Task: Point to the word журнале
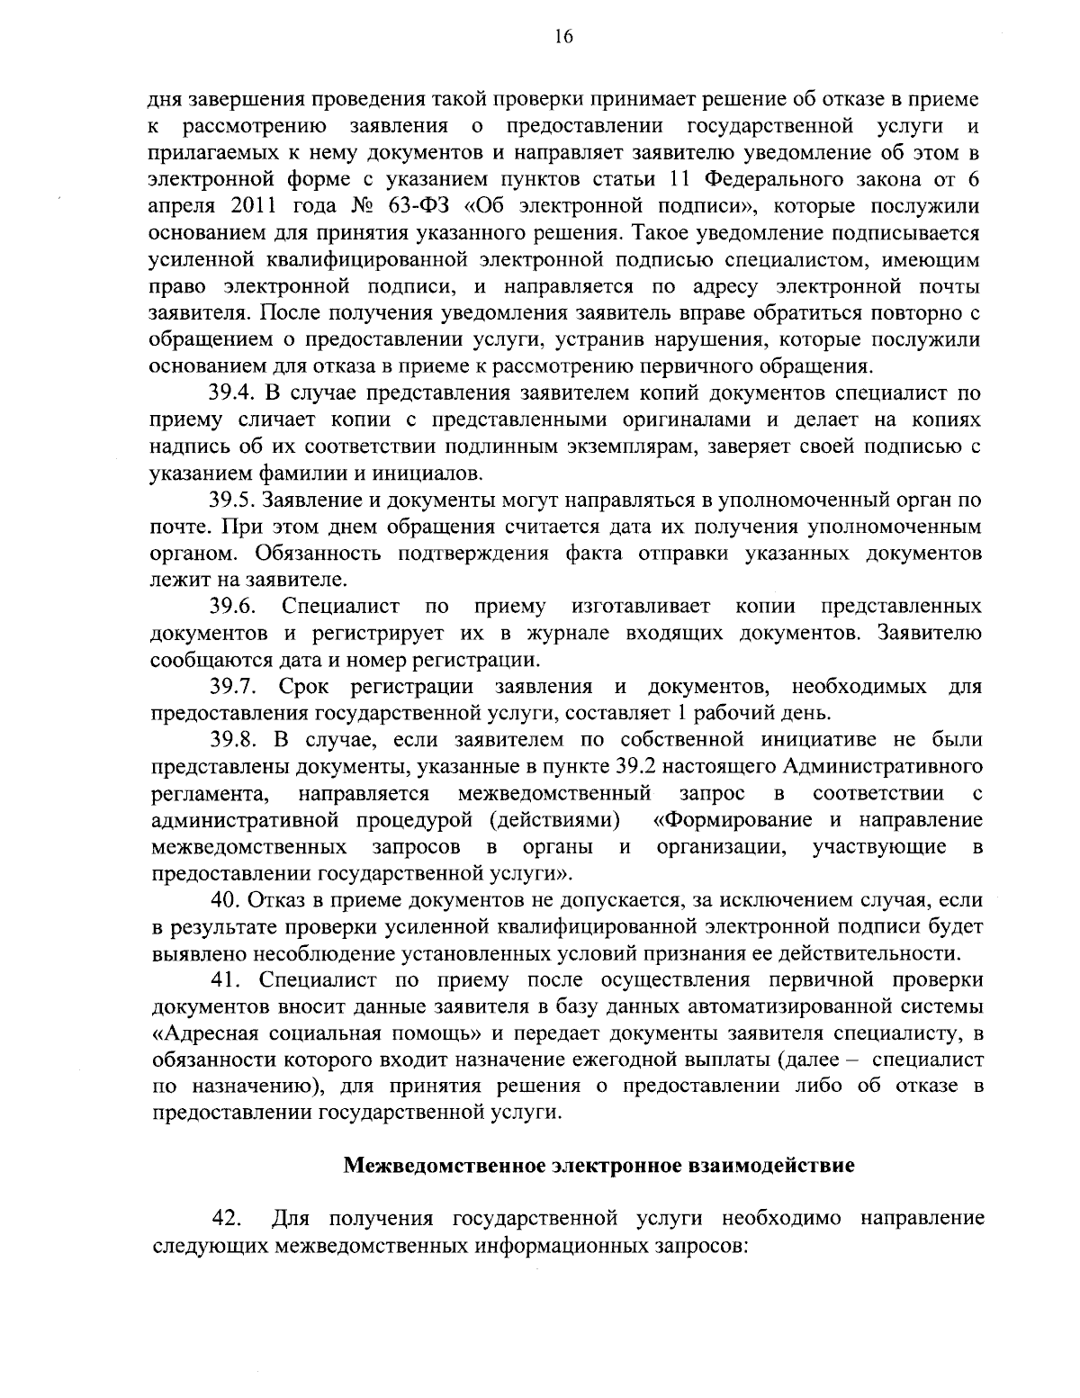pos(544,633)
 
